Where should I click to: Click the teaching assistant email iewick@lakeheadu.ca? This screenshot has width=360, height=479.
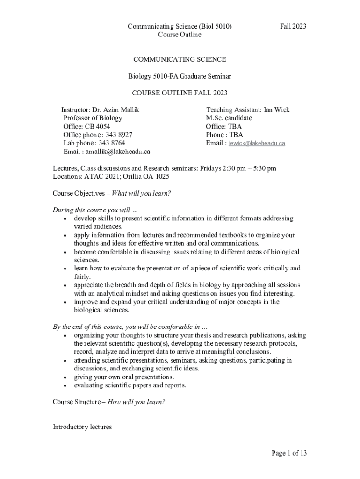tap(257, 144)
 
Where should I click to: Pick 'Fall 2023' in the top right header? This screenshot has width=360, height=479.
tap(293, 26)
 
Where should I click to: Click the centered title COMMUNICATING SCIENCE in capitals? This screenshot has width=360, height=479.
tap(180, 59)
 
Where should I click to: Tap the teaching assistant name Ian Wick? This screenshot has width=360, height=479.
tap(277, 110)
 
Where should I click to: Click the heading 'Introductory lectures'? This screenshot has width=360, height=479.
tap(82, 427)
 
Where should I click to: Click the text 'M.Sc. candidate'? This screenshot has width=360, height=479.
tap(229, 118)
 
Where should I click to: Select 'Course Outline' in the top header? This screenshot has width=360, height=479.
tap(180, 35)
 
